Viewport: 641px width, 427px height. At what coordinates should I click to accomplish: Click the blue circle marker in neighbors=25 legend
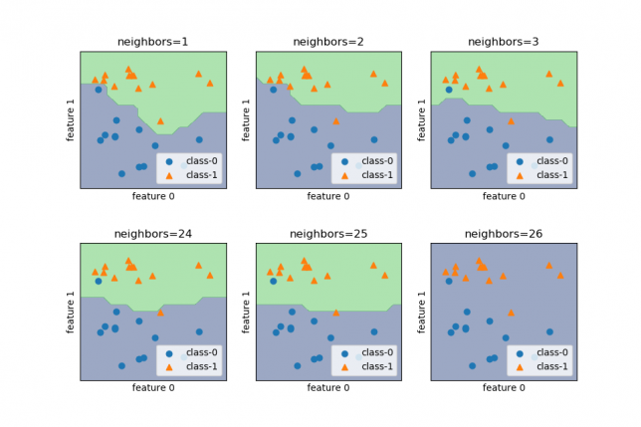pyautogui.click(x=344, y=353)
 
